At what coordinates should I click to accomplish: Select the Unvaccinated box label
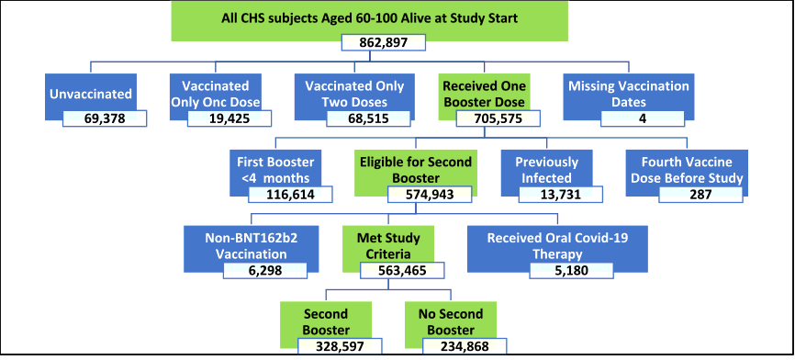[x=90, y=93]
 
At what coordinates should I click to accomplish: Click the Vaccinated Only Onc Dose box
[x=215, y=93]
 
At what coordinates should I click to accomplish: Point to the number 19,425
[x=230, y=119]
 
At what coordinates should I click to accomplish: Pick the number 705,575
[x=496, y=119]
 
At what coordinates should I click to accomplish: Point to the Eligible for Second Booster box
[x=416, y=168]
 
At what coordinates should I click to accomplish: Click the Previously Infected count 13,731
[x=560, y=196]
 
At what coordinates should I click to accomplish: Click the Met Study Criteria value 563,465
[x=404, y=271]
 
